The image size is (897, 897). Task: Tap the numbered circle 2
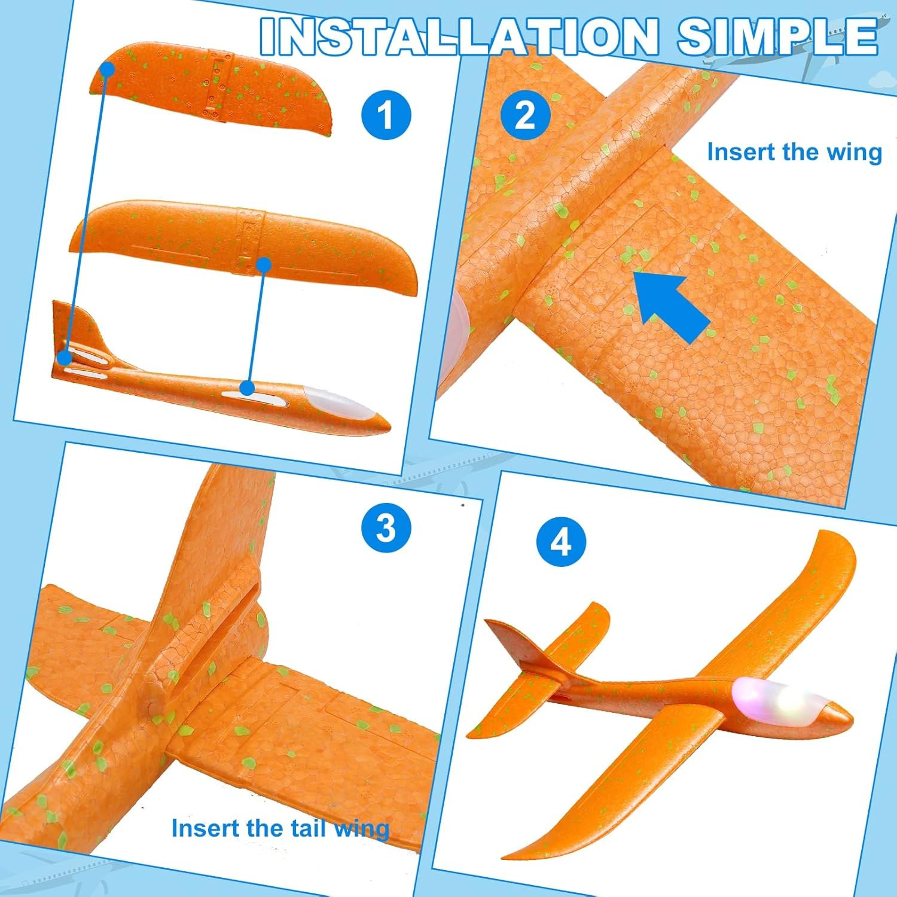525,115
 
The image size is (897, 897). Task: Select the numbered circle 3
386,529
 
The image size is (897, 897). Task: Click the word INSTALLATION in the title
459,36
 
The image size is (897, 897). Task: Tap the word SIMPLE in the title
777,36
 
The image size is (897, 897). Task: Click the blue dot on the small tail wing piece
107,69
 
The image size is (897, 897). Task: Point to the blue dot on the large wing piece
264,264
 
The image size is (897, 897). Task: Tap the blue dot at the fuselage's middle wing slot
247,388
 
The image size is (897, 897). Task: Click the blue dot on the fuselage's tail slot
65,358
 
